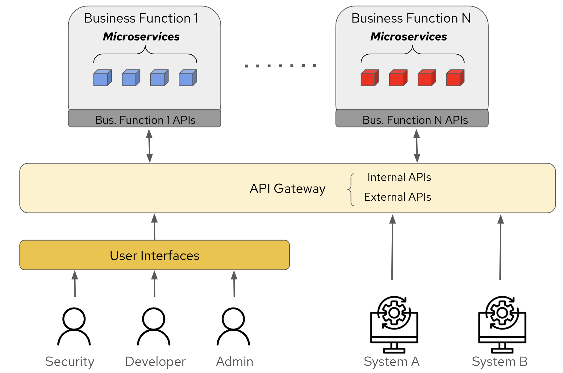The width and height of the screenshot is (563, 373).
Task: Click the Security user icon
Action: coord(74,326)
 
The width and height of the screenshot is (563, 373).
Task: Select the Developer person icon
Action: coord(154,326)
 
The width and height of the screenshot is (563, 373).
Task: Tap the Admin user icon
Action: coord(233,326)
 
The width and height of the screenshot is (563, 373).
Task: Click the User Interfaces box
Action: coord(155,255)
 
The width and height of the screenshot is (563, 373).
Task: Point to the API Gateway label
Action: coord(287,189)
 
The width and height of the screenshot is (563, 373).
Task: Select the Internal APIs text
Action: coord(399,177)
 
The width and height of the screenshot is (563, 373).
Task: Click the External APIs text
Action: coord(398,197)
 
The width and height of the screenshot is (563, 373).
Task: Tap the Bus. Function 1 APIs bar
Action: coord(145,119)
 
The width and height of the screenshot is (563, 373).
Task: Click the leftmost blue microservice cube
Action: coord(102,78)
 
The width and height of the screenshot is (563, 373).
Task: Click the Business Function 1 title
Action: coord(141,18)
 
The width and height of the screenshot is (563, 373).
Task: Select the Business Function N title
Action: coord(411,18)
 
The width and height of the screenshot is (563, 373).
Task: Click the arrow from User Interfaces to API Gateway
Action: coord(155,227)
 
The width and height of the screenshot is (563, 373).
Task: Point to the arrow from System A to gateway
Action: coord(392,247)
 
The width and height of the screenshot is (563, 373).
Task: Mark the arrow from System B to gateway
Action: coord(500,247)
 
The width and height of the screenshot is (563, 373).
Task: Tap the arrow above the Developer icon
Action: coord(155,284)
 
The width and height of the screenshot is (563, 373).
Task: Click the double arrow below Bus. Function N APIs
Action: coord(417,146)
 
